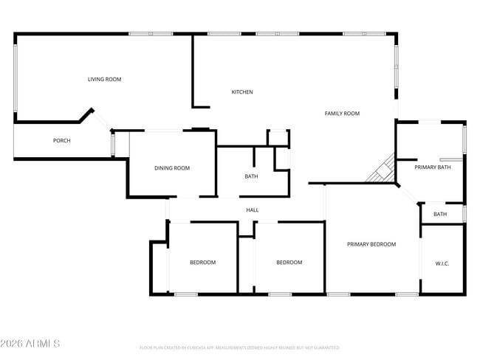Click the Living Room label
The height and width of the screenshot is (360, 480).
click(x=104, y=79)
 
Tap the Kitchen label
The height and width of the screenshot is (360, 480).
click(x=242, y=92)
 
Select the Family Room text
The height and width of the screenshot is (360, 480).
click(x=342, y=113)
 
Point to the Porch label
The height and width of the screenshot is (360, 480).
click(x=61, y=141)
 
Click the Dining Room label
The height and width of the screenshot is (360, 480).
click(x=172, y=168)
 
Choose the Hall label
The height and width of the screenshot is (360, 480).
click(x=252, y=210)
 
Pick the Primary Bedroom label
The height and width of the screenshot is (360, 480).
click(x=371, y=244)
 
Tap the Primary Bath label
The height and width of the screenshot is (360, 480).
click(x=432, y=167)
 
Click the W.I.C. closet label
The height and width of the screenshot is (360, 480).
click(x=442, y=263)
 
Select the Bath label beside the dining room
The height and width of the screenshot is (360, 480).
click(x=251, y=176)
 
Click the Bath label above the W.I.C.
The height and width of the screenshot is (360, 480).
click(x=440, y=215)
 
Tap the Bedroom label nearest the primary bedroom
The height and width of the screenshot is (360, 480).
click(x=289, y=263)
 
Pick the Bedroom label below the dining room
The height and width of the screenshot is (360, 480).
click(x=202, y=263)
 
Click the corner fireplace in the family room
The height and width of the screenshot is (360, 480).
click(x=382, y=170)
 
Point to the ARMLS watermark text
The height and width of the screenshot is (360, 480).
click(x=31, y=344)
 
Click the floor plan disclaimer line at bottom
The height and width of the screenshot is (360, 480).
click(x=240, y=347)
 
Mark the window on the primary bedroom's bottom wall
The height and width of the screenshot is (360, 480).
click(x=338, y=295)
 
